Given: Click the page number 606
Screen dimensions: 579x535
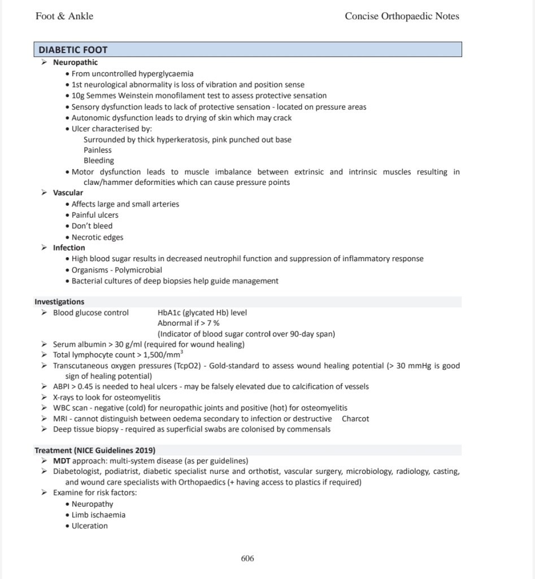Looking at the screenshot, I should click(x=247, y=559).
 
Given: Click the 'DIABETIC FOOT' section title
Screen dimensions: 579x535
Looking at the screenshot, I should click(x=73, y=50).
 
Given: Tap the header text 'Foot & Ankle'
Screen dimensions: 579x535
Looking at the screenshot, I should click(x=64, y=16).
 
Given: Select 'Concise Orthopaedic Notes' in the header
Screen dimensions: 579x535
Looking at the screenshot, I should click(x=402, y=16).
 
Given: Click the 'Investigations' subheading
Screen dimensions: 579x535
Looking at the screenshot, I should click(x=59, y=302).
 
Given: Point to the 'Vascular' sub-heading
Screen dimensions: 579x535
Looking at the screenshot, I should click(x=68, y=193).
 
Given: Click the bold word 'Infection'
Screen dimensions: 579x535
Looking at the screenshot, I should click(x=69, y=248).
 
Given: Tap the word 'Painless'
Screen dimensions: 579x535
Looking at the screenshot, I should click(x=98, y=150).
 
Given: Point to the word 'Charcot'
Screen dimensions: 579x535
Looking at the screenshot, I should click(x=355, y=419).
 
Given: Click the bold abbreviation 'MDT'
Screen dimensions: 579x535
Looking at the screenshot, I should click(x=62, y=461).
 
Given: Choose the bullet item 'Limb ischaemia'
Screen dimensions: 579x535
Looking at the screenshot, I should click(x=98, y=515).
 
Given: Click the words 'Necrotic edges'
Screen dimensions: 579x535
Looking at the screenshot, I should click(x=97, y=237).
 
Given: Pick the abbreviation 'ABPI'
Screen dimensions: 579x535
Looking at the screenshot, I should click(x=62, y=387).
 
